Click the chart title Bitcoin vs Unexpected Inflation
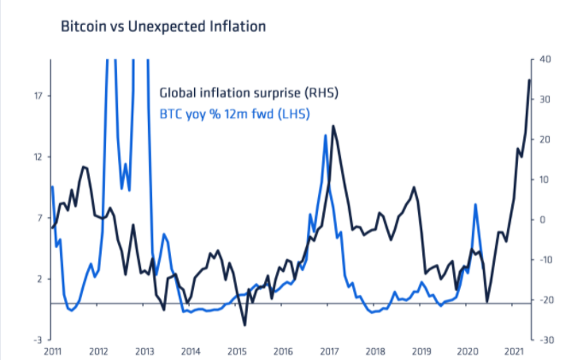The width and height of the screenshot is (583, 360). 163,26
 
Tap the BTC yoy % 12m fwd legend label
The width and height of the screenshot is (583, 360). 235,112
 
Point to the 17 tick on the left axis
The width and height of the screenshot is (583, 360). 38,95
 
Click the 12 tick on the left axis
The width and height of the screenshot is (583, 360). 38,156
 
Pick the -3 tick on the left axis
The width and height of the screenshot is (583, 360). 38,339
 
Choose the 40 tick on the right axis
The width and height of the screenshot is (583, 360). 545,59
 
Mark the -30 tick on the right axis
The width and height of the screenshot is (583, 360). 545,339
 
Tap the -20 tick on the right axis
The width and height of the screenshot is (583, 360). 545,299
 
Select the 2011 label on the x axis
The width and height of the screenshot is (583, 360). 53,351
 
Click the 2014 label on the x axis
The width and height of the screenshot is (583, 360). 191,351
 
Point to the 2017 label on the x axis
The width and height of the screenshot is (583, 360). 329,351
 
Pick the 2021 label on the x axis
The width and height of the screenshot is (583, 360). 513,351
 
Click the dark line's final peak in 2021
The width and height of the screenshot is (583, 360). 529,80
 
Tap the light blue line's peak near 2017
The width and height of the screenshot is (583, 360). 326,135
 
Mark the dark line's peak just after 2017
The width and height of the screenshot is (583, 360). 333,127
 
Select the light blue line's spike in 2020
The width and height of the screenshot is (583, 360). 475,204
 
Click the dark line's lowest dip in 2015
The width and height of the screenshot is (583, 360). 244,325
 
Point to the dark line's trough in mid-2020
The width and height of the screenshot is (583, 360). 487,301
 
